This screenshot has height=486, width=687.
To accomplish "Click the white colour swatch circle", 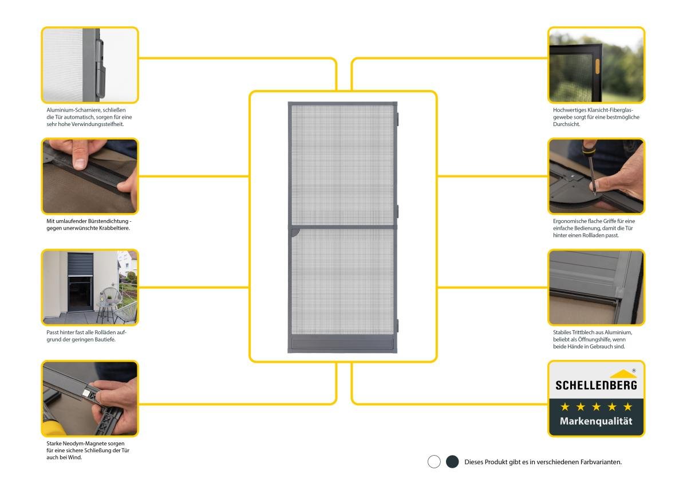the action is point(434,461).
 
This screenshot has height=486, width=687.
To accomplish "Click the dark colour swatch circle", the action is point(452,461).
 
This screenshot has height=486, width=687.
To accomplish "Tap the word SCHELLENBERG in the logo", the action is point(596,385).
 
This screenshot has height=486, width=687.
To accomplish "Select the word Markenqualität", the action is point(596,421).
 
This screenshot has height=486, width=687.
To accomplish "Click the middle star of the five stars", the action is point(596,407).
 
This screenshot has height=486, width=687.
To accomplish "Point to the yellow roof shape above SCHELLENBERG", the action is point(623,374).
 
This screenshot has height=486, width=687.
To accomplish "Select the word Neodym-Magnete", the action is point(84,444).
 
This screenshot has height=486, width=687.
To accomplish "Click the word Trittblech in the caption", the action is point(582,332).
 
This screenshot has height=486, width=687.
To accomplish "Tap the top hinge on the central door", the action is point(397,119).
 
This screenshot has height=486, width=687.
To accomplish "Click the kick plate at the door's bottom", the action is point(342,344).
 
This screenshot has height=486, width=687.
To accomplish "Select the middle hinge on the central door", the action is point(397,211).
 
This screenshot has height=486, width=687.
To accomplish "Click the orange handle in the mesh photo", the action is point(597,66).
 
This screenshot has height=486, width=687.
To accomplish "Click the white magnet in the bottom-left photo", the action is point(87,394).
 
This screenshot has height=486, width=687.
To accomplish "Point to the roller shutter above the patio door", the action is point(80,264).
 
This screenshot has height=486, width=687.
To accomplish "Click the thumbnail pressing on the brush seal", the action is point(80,163).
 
